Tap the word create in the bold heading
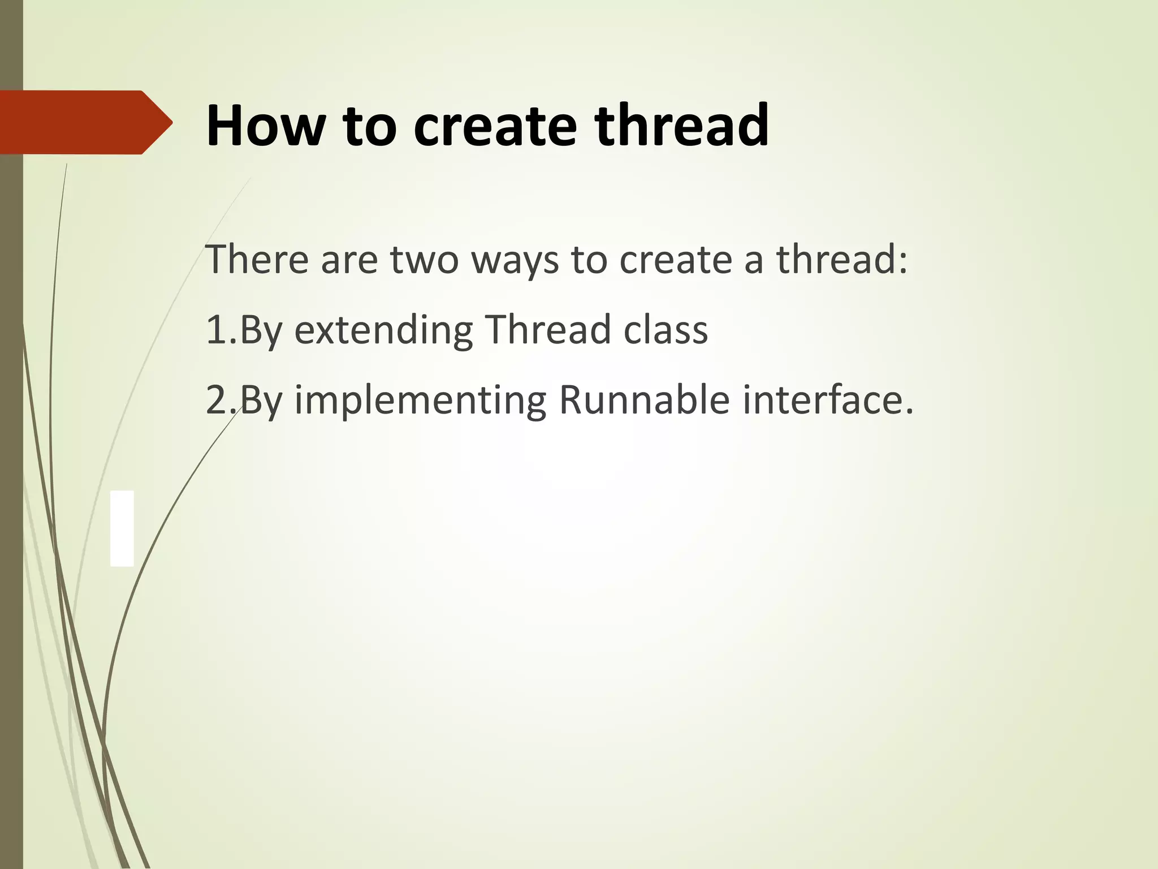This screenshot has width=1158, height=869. click(495, 126)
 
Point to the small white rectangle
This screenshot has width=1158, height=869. click(122, 528)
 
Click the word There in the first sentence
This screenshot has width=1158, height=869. click(257, 260)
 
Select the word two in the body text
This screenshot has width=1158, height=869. click(424, 260)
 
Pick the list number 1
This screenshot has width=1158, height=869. click(216, 330)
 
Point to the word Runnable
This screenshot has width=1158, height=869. click(645, 400)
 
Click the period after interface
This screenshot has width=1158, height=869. click(909, 412)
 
